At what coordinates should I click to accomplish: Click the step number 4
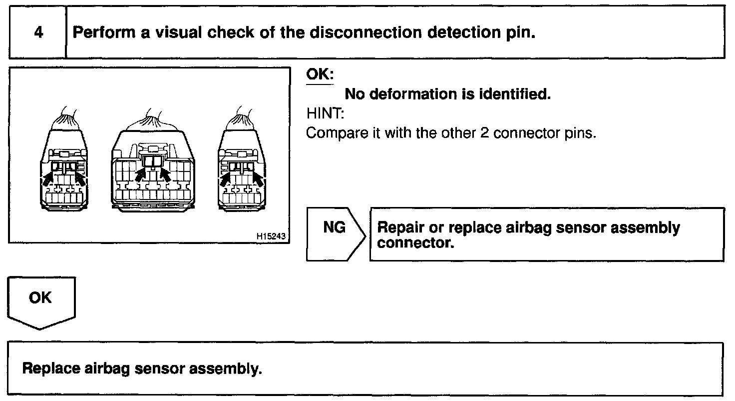click(38, 33)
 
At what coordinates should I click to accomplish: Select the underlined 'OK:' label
click(320, 74)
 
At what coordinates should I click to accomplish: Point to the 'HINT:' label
click(325, 114)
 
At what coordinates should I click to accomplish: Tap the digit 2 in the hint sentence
click(483, 134)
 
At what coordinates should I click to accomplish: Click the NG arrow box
click(335, 234)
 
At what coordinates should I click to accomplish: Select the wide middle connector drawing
click(153, 170)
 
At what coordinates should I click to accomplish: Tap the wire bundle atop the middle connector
click(153, 120)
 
